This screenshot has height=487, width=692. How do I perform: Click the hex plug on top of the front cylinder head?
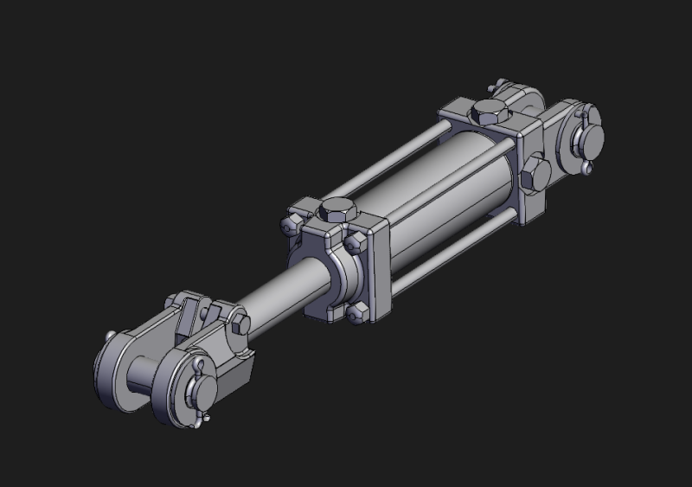(335, 209)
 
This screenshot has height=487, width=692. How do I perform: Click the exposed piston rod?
(281, 294)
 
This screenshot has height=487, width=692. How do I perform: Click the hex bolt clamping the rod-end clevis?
(240, 325)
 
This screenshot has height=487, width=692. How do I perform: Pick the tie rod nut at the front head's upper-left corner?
(290, 224)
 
